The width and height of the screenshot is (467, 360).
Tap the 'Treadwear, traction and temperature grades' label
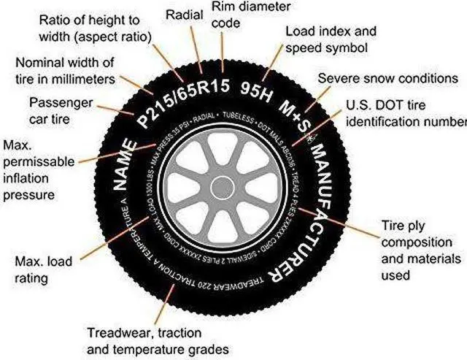click(158, 340)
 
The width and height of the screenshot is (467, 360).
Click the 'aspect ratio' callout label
click(95, 27)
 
